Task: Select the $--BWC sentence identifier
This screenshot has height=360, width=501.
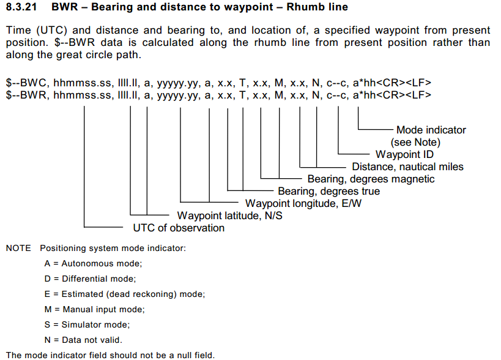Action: (x=24, y=82)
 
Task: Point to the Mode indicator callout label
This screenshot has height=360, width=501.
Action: (x=431, y=130)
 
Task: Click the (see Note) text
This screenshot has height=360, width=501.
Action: (x=415, y=142)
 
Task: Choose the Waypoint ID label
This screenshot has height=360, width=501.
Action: (x=404, y=154)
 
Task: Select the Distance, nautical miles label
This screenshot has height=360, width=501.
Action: (x=407, y=167)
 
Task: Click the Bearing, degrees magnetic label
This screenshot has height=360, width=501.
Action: (x=371, y=179)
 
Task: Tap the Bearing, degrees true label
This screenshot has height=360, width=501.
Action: (x=328, y=191)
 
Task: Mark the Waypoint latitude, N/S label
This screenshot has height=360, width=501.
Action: (x=229, y=216)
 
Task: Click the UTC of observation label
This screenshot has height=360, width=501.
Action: (x=179, y=228)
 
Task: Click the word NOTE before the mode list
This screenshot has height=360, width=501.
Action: (x=18, y=249)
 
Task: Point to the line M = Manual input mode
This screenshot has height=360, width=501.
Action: (x=95, y=309)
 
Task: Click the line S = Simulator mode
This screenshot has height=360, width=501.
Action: (x=87, y=324)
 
